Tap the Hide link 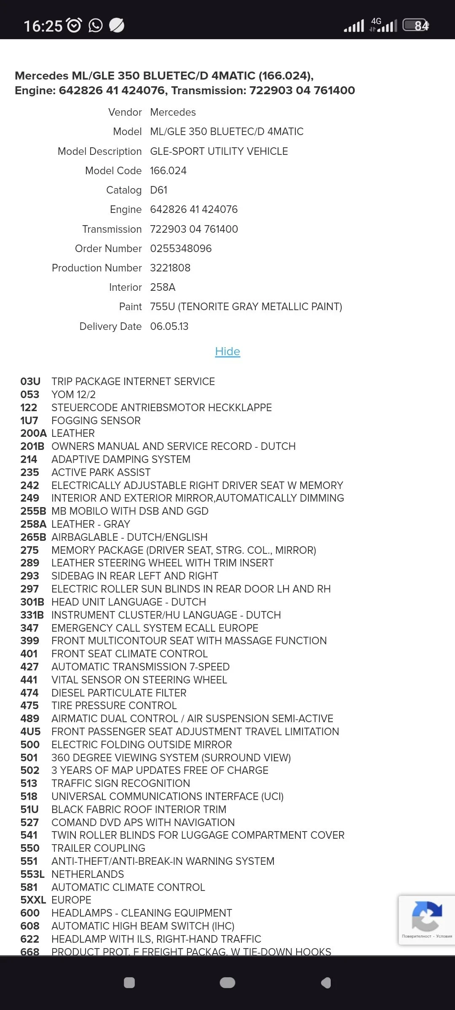point(227,351)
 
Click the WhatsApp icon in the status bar point(96,26)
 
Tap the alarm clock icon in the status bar point(75,26)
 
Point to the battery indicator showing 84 point(416,26)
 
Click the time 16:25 point(43,26)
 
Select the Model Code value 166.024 point(168,170)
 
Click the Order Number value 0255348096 point(181,248)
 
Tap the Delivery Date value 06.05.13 point(169,326)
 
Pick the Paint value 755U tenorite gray point(246,306)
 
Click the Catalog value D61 point(159,190)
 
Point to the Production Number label point(97,268)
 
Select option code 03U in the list point(30,381)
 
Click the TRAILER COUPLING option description point(98,848)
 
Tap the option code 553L point(32,874)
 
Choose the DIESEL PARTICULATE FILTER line point(119,693)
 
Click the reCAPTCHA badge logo point(427,916)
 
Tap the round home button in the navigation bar point(227,983)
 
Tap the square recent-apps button point(129,983)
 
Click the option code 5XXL point(33,900)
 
